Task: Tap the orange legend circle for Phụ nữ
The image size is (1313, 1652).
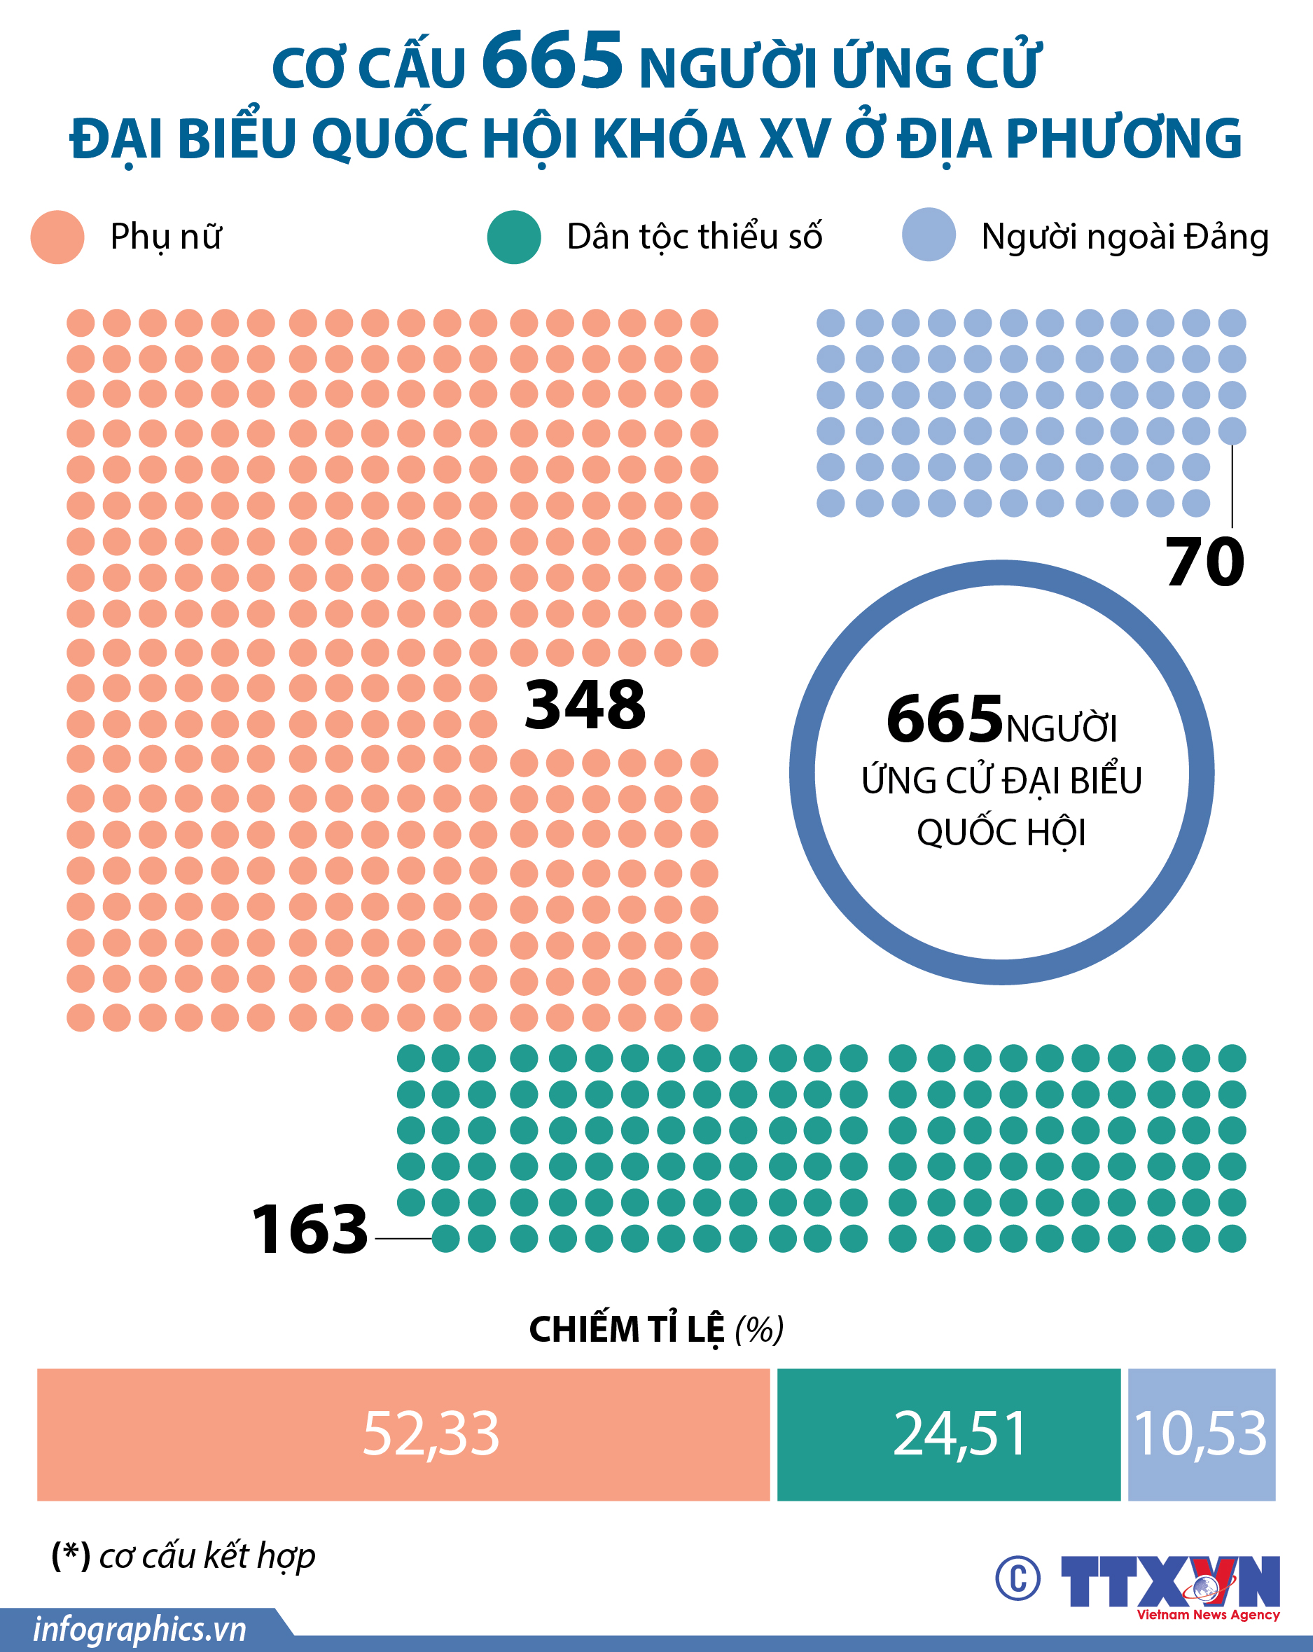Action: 57,237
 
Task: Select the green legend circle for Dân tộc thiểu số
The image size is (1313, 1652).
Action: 514,237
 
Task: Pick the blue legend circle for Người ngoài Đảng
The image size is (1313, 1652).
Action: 929,235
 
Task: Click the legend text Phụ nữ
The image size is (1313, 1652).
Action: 166,237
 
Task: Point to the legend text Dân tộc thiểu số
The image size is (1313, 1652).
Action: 694,237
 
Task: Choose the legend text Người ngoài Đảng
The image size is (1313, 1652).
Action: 1125,237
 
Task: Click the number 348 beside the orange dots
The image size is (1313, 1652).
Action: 585,705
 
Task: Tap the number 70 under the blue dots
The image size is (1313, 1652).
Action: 1205,562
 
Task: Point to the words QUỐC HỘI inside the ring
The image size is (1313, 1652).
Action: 1001,833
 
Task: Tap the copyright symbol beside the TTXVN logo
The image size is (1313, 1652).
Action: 1018,1579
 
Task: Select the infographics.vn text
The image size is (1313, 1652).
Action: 139,1628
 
